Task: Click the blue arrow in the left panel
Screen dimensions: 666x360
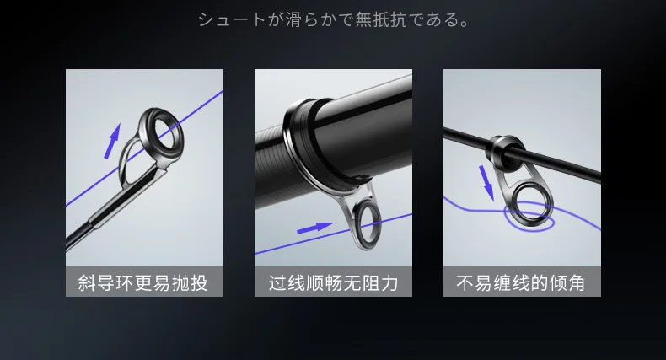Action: click(113, 141)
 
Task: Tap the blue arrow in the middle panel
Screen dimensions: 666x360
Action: click(314, 228)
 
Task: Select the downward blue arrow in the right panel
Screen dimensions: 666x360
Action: click(486, 183)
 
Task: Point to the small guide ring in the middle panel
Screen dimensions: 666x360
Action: click(356, 225)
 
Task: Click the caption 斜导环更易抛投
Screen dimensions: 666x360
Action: click(142, 283)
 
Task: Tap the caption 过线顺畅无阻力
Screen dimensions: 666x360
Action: click(334, 283)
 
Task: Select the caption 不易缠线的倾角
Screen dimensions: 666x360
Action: click(521, 283)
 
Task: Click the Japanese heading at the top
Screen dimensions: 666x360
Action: click(334, 19)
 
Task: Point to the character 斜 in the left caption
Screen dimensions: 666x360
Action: click(87, 283)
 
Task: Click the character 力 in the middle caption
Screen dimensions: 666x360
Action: click(390, 283)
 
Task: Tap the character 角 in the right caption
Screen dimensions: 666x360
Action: click(577, 283)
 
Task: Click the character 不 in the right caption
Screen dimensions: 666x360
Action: click(465, 283)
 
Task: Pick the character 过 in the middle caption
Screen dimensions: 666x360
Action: click(277, 283)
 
